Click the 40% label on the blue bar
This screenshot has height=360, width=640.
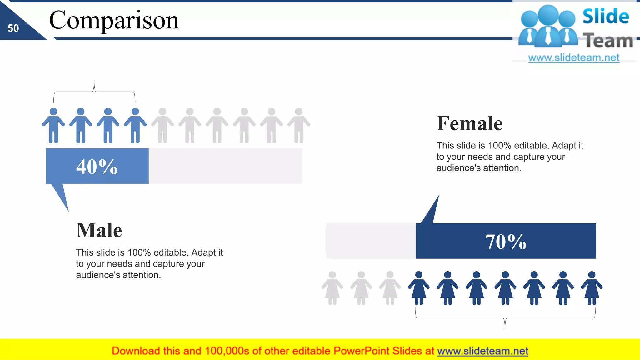coord(97,167)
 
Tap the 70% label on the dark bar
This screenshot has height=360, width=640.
coord(506,242)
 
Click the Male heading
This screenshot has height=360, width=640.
coord(99,231)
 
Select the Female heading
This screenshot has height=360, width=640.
coord(469,123)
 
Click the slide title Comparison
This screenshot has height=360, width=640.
coord(114,20)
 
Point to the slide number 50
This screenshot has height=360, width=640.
coord(13,28)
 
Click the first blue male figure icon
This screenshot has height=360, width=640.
coord(53,126)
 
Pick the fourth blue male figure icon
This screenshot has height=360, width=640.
coord(135,126)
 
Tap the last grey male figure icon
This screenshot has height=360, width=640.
coord(299,126)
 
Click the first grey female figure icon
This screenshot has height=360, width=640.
coord(332,288)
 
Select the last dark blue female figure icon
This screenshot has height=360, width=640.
coord(592,288)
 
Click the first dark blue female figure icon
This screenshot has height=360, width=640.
coord(419,288)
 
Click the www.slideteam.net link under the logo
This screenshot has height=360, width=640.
coord(574,58)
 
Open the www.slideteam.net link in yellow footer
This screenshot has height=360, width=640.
coord(482,351)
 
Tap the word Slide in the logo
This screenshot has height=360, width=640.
coord(606,17)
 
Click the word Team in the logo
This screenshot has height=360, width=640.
coord(608,41)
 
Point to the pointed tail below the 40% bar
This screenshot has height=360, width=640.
coord(61,195)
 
